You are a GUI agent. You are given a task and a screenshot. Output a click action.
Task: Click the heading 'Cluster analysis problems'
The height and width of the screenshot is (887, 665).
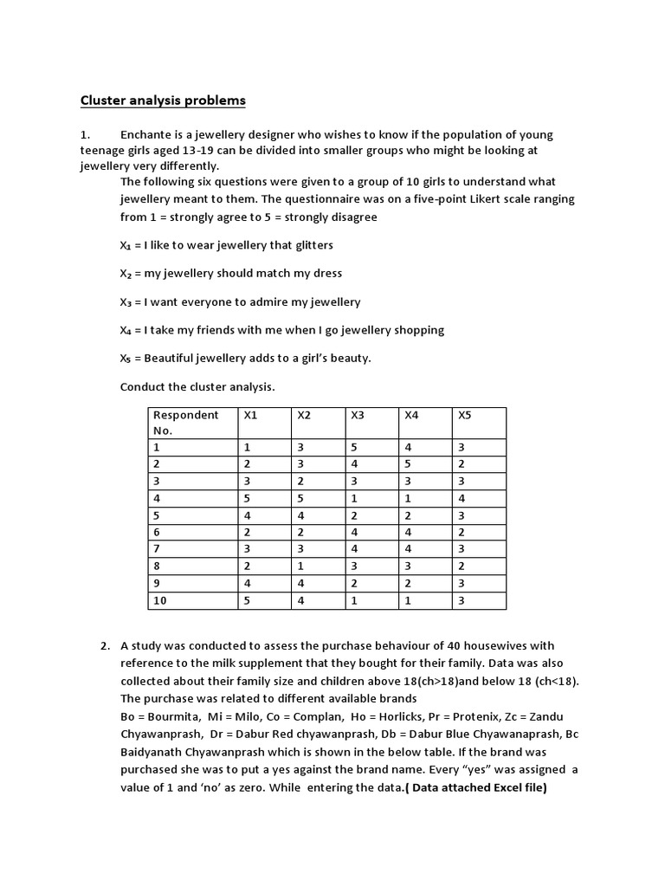[x=163, y=100]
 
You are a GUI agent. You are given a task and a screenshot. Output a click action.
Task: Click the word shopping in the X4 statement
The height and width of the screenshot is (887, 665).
[x=417, y=330]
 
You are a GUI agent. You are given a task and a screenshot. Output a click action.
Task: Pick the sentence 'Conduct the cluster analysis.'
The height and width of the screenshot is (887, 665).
[x=197, y=386]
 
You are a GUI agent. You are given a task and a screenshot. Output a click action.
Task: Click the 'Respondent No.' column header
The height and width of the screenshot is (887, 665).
[x=186, y=422]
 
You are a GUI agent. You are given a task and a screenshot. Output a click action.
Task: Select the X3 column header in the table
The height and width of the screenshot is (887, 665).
[x=358, y=415]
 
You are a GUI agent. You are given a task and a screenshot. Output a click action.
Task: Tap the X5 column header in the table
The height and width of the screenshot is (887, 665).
[x=465, y=415]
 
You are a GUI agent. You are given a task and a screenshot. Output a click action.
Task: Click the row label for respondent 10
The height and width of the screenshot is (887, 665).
[x=160, y=600]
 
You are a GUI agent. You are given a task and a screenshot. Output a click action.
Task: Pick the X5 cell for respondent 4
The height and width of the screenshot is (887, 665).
[x=462, y=498]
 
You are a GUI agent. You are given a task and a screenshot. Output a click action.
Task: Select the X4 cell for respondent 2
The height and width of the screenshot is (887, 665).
[x=408, y=464]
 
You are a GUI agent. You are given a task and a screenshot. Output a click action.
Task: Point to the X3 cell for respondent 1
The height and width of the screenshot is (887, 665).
[x=354, y=448]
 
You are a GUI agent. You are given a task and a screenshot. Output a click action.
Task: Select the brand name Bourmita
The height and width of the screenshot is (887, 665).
[x=170, y=716]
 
